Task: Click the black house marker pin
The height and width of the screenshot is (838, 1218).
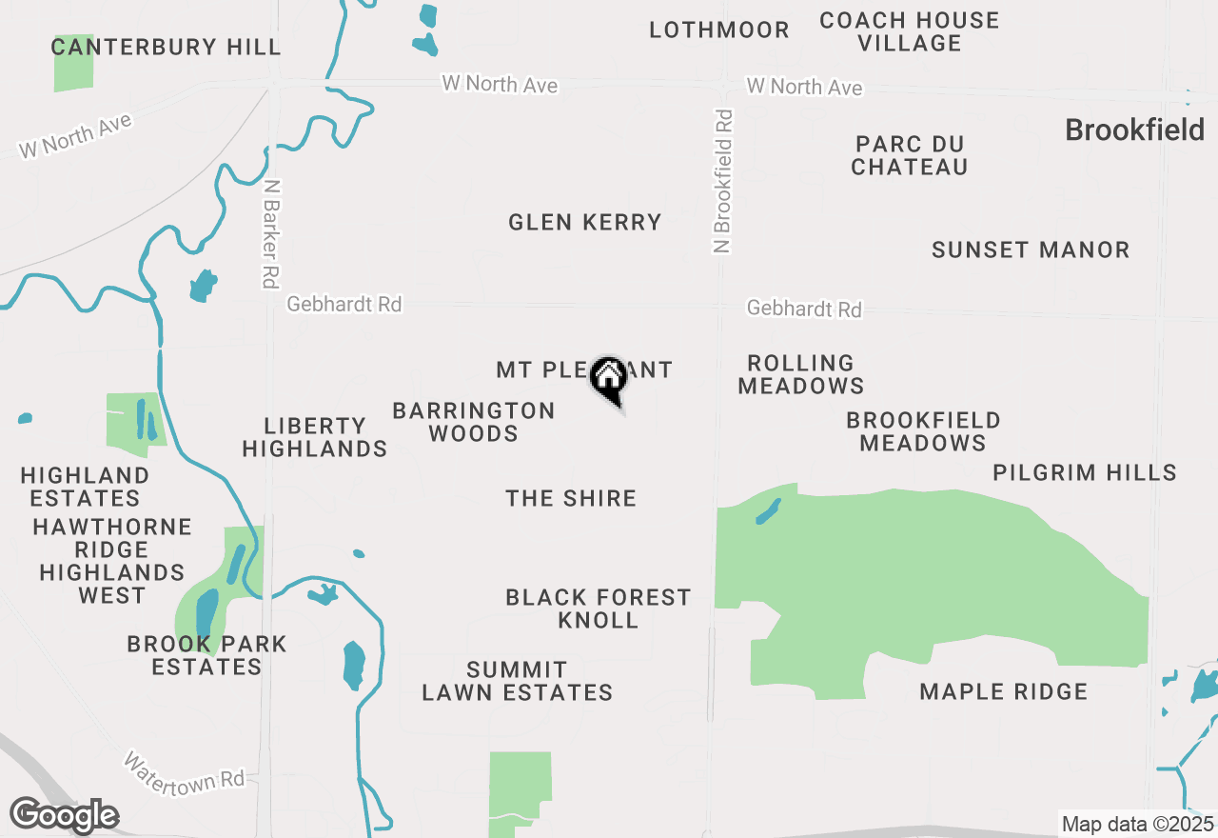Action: pyautogui.click(x=609, y=380)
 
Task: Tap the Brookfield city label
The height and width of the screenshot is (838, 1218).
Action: pyautogui.click(x=1134, y=130)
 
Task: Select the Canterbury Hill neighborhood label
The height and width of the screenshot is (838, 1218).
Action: pyautogui.click(x=167, y=47)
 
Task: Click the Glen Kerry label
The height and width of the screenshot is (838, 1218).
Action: pyautogui.click(x=584, y=223)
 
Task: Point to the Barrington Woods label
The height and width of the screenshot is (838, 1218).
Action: pyautogui.click(x=473, y=422)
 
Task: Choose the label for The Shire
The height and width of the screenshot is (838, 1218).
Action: pyautogui.click(x=571, y=498)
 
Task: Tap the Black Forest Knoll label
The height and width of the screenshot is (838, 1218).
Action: pyautogui.click(x=598, y=609)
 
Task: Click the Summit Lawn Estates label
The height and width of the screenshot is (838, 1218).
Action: pyautogui.click(x=517, y=681)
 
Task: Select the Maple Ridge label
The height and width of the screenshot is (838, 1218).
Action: pyautogui.click(x=1003, y=692)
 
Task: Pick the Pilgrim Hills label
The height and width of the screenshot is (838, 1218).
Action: pyautogui.click(x=1084, y=472)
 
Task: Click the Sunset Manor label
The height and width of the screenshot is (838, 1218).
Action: pyautogui.click(x=1031, y=250)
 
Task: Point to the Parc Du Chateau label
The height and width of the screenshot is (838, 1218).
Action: pyautogui.click(x=910, y=155)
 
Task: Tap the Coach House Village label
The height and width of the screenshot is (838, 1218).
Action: pyautogui.click(x=909, y=31)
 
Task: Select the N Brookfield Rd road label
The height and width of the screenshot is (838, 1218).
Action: pyautogui.click(x=724, y=181)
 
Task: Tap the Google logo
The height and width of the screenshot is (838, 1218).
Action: pyautogui.click(x=64, y=816)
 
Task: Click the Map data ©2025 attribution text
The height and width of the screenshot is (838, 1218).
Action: pyautogui.click(x=1137, y=824)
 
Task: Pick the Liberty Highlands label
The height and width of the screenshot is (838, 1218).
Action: pyautogui.click(x=314, y=437)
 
